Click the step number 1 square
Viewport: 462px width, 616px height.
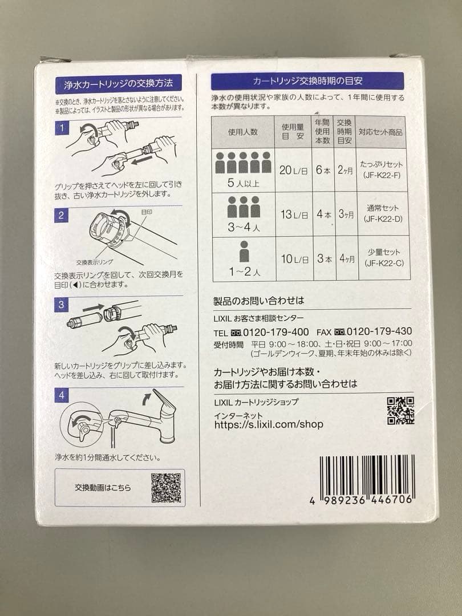point(61,128)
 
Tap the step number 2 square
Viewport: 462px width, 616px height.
point(61,215)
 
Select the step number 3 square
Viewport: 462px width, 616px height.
point(61,305)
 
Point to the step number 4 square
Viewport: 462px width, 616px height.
point(61,394)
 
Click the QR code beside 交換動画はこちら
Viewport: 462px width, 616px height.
point(166,488)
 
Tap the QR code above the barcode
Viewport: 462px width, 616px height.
point(400,411)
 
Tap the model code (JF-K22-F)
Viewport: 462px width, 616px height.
point(382,175)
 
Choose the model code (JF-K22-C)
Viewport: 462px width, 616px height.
point(382,264)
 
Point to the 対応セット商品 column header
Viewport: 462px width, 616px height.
point(380,132)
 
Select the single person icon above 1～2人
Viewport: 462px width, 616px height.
point(245,252)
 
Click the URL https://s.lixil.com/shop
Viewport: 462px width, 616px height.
point(269,424)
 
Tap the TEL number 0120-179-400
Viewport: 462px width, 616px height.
point(276,332)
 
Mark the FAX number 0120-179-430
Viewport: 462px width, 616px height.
point(379,331)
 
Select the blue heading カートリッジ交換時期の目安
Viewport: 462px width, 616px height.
point(307,81)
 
